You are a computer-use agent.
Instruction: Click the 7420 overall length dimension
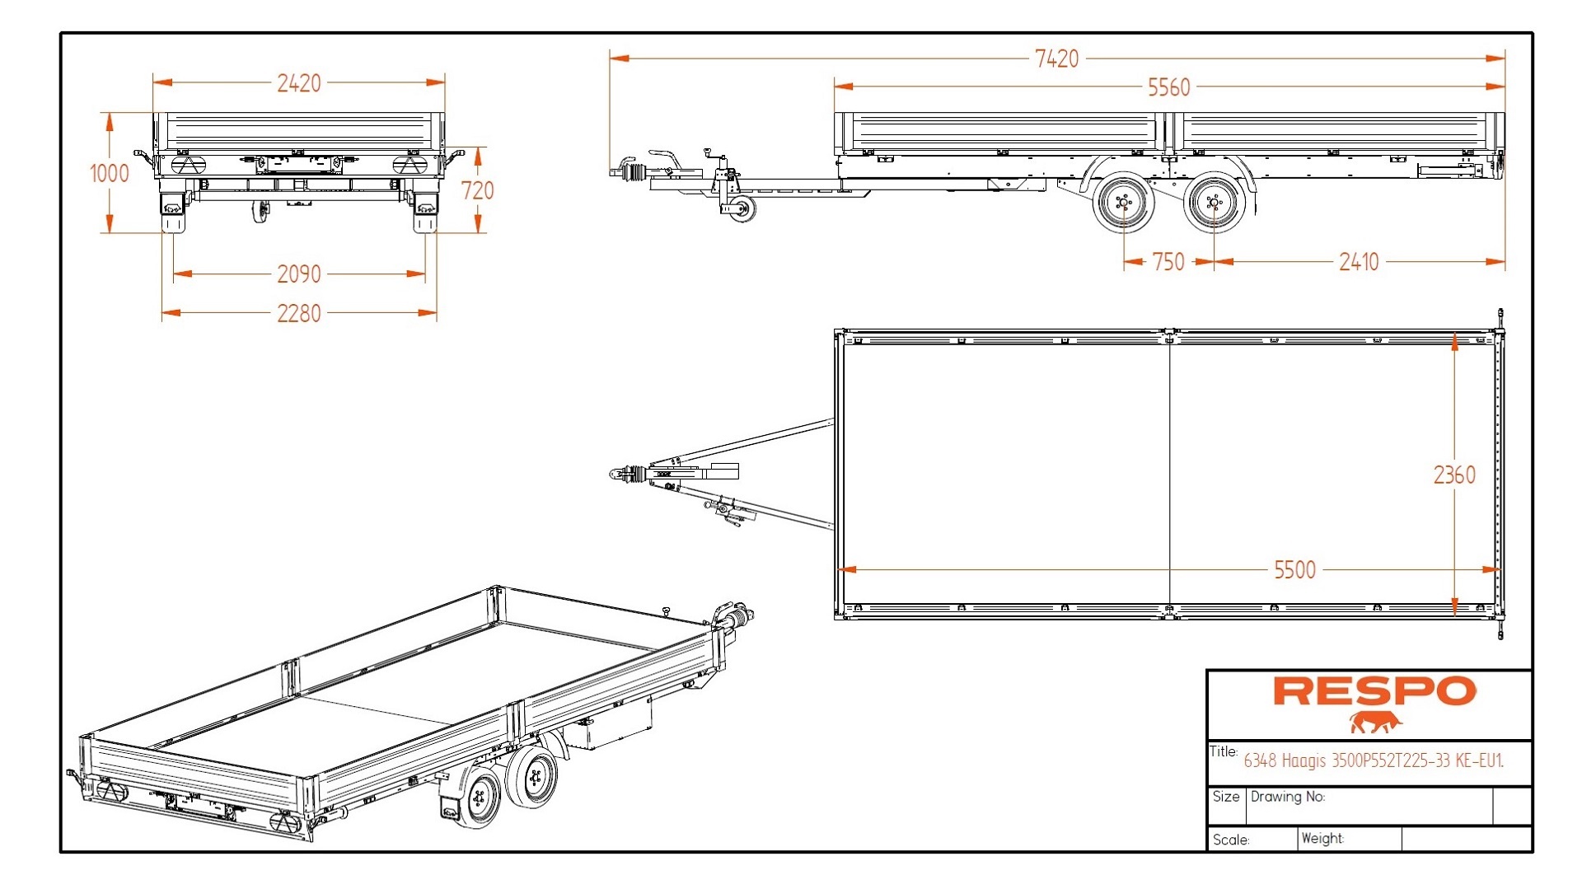pyautogui.click(x=1056, y=58)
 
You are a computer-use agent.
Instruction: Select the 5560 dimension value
pyautogui.click(x=1168, y=87)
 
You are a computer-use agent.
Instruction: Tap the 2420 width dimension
pyautogui.click(x=298, y=83)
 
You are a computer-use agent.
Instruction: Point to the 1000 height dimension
pyautogui.click(x=109, y=173)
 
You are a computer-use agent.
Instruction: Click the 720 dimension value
pyautogui.click(x=478, y=190)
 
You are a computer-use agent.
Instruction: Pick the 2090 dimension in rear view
pyautogui.click(x=298, y=274)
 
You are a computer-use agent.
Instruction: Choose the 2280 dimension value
pyautogui.click(x=298, y=313)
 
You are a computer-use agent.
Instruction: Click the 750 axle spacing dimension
pyautogui.click(x=1168, y=262)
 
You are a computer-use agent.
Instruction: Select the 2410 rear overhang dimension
pyautogui.click(x=1358, y=262)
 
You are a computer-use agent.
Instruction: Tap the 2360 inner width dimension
pyautogui.click(x=1454, y=475)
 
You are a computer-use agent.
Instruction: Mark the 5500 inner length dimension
pyautogui.click(x=1294, y=569)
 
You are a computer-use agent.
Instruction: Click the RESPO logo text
pyautogui.click(x=1374, y=691)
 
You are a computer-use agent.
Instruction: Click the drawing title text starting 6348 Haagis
pyautogui.click(x=1373, y=760)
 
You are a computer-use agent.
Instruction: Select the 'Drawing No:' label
pyautogui.click(x=1287, y=797)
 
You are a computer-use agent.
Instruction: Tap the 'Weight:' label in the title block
pyautogui.click(x=1322, y=838)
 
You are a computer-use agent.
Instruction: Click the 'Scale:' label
pyautogui.click(x=1231, y=840)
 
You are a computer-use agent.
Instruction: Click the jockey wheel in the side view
pyautogui.click(x=739, y=208)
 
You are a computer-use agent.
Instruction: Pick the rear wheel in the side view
pyautogui.click(x=1213, y=202)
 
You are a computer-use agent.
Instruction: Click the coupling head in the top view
pyautogui.click(x=620, y=473)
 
